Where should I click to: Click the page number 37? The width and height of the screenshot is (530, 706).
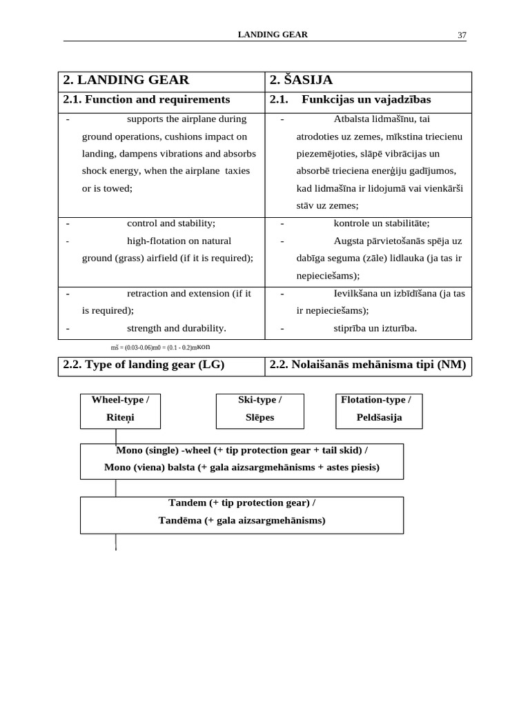click(462, 36)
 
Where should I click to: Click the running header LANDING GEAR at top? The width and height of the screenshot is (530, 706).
click(273, 34)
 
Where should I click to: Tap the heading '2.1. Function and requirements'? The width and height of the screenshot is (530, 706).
click(146, 100)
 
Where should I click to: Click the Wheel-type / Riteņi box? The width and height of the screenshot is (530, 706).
click(121, 411)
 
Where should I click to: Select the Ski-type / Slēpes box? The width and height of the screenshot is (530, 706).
click(259, 411)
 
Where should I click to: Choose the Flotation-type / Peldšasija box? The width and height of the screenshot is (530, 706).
click(379, 411)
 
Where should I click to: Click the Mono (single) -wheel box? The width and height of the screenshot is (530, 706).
click(242, 461)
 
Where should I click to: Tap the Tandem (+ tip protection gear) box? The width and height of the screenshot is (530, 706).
click(242, 514)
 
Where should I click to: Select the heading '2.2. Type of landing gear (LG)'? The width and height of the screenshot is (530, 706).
click(144, 365)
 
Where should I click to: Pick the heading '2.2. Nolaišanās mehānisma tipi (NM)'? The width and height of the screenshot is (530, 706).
click(368, 365)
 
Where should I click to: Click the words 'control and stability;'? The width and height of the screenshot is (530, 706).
click(171, 223)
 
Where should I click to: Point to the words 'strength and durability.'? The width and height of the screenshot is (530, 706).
click(176, 328)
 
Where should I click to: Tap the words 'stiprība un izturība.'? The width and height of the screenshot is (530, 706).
click(375, 328)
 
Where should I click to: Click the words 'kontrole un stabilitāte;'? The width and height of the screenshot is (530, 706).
click(382, 223)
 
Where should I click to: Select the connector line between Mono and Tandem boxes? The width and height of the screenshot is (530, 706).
click(115, 488)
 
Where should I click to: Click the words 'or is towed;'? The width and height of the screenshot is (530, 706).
click(107, 188)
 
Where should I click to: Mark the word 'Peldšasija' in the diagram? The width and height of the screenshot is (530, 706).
click(379, 418)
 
